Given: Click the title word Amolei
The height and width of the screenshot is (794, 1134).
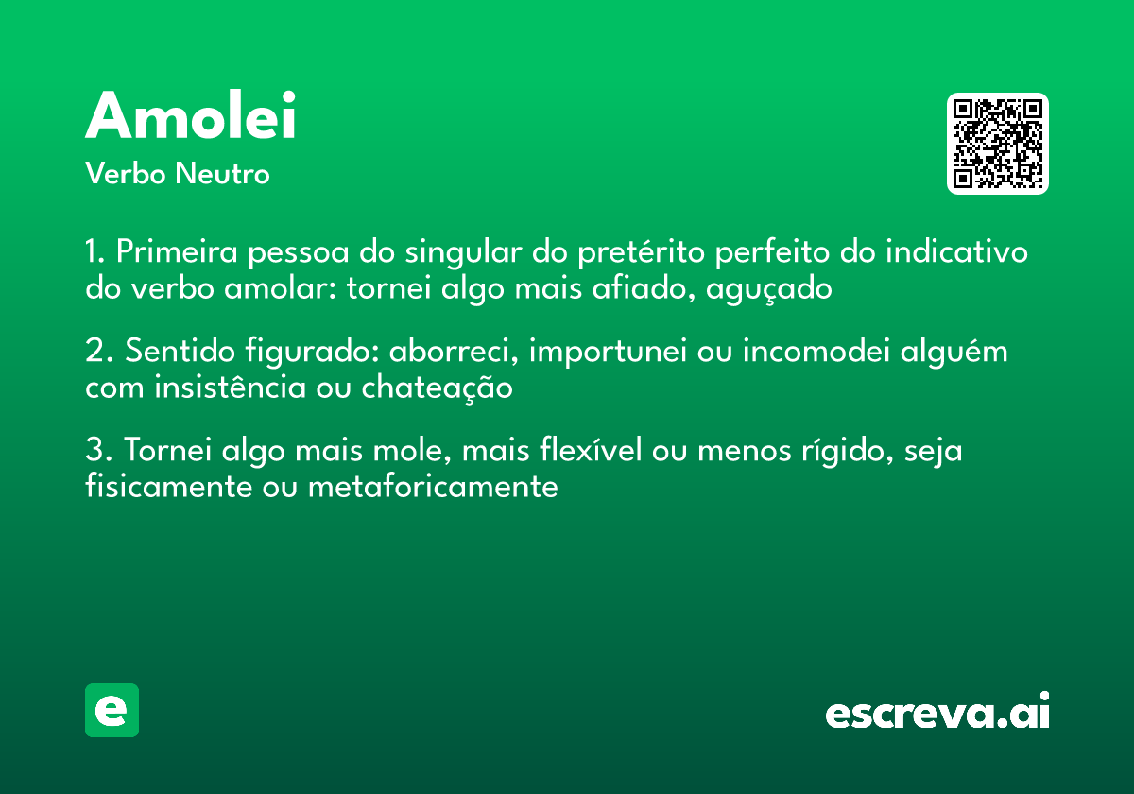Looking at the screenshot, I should tap(191, 116).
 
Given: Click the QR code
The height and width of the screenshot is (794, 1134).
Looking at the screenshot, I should tap(997, 144).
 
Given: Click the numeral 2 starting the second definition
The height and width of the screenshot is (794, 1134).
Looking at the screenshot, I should tap(94, 352).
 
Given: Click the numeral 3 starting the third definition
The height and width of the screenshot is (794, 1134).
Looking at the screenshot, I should tap(94, 451).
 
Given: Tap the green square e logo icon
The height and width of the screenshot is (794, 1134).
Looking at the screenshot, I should tap(112, 710).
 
